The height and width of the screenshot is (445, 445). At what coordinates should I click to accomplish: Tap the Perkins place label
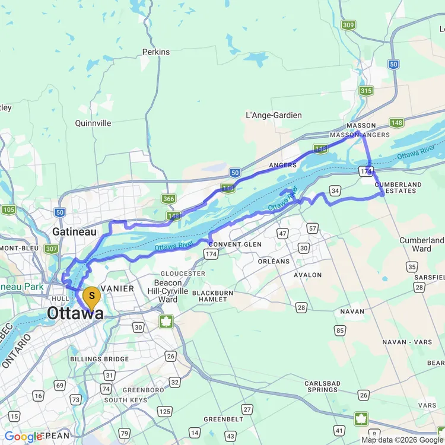(156, 52)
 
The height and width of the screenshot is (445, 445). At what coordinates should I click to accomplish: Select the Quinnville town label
(93, 123)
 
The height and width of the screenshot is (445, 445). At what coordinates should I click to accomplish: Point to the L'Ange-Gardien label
(274, 115)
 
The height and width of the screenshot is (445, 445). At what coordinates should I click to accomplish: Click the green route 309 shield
(348, 25)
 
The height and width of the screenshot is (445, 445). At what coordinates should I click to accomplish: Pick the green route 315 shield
(365, 90)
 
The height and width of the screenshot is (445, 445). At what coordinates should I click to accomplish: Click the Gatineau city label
(74, 231)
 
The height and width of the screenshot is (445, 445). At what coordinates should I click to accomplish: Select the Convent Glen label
(234, 244)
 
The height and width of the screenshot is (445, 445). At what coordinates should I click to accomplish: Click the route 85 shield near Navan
(340, 330)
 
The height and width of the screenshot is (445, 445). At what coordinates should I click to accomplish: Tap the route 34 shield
(335, 190)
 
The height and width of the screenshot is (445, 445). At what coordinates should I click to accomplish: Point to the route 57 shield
(313, 228)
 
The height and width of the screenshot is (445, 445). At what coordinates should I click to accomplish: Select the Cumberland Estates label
(398, 187)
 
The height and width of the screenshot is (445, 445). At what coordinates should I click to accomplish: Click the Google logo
(24, 437)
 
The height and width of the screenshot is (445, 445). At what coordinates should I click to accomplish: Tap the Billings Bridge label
(99, 359)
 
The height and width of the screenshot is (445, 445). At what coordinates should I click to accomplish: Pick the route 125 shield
(165, 411)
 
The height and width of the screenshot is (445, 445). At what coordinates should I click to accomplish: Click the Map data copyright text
(402, 440)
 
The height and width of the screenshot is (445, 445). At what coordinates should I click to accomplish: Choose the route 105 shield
(8, 209)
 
